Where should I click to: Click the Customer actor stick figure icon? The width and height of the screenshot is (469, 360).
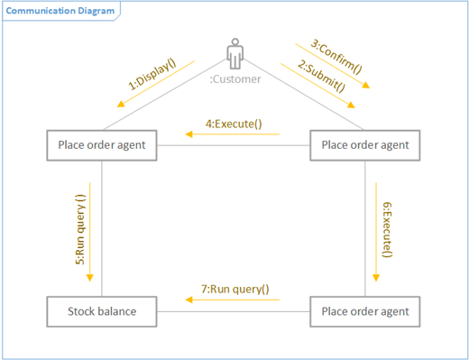pyautogui.click(x=234, y=54)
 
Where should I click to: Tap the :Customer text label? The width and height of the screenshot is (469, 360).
pyautogui.click(x=234, y=79)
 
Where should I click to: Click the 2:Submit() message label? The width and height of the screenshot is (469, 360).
pyautogui.click(x=322, y=78)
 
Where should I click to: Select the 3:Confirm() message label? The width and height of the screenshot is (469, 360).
pyautogui.click(x=336, y=56)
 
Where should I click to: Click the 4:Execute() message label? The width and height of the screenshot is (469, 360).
pyautogui.click(x=234, y=123)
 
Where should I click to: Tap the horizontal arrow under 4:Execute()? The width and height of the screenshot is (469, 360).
pyautogui.click(x=233, y=135)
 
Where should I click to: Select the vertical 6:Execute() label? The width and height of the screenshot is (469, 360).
pyautogui.click(x=388, y=230)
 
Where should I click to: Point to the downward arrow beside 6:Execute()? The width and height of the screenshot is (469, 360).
pyautogui.click(x=376, y=229)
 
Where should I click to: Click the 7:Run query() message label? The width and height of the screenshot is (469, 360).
pyautogui.click(x=234, y=290)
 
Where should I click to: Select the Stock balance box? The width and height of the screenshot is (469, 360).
pyautogui.click(x=102, y=311)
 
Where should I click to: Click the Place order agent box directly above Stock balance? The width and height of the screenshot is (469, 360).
pyautogui.click(x=102, y=145)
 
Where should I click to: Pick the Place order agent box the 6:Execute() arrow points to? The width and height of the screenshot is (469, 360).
pyautogui.click(x=365, y=311)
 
